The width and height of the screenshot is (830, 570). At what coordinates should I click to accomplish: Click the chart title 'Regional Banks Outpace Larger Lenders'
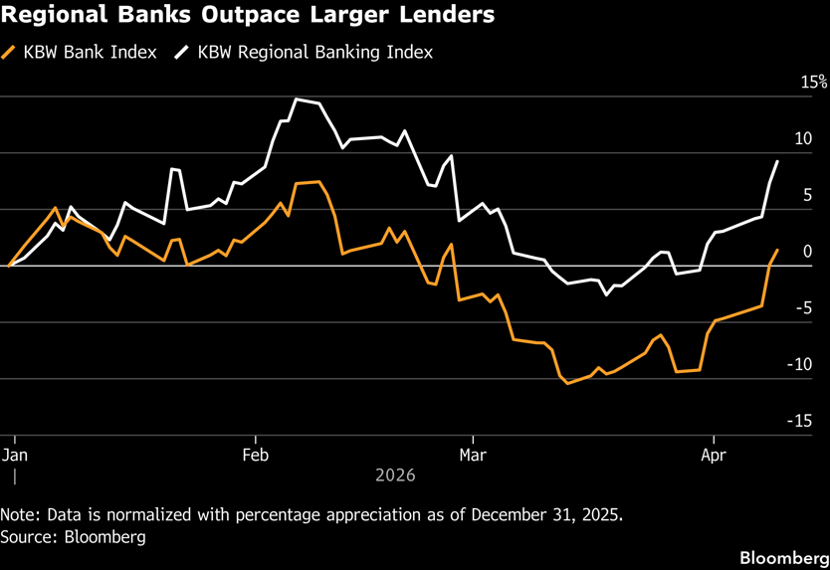(249, 18)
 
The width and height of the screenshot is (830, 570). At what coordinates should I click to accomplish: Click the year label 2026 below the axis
(395, 475)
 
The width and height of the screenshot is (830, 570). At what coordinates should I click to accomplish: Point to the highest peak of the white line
(297, 99)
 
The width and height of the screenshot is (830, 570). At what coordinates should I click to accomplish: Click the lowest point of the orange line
(568, 383)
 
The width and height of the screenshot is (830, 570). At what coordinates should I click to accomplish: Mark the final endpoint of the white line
(777, 161)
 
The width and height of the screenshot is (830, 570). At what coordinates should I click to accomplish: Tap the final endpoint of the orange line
(777, 251)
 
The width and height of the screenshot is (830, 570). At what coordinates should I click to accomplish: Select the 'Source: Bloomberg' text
(74, 537)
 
